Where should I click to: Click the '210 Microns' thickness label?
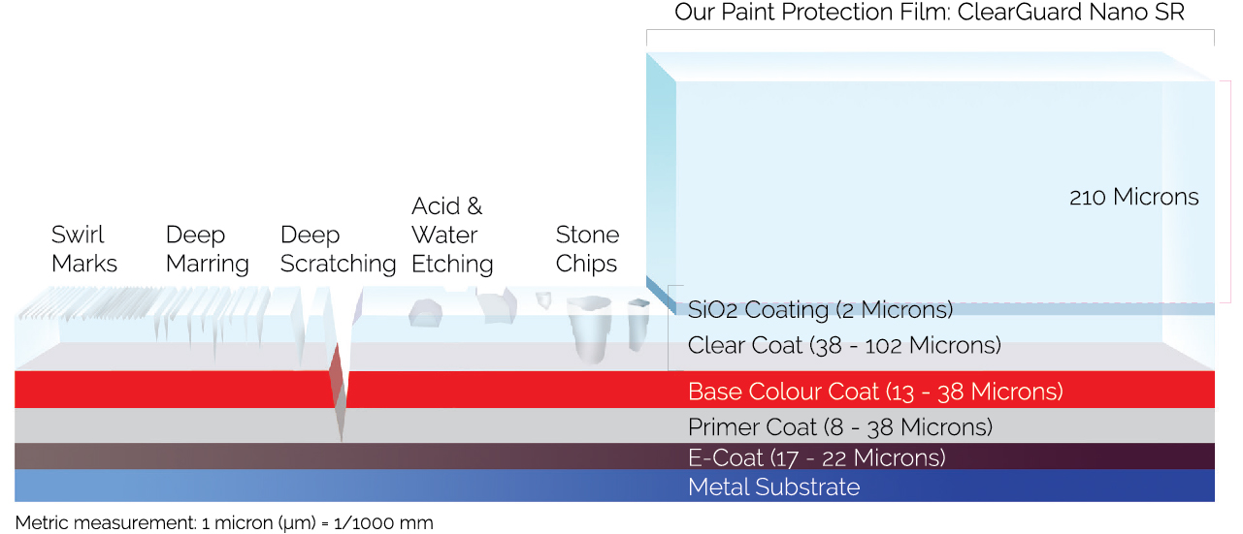click(1133, 198)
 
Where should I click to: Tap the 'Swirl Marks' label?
click(84, 249)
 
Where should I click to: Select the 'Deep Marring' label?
click(207, 249)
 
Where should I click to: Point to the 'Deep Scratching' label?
click(338, 249)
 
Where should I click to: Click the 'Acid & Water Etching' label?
click(452, 235)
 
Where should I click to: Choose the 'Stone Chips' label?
click(587, 249)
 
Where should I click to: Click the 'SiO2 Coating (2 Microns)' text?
click(820, 310)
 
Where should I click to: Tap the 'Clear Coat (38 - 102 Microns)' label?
click(843, 345)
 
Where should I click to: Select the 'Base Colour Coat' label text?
click(875, 392)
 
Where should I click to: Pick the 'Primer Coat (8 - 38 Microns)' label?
click(839, 427)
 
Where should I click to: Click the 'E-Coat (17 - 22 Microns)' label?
click(816, 457)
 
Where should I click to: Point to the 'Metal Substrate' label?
click(773, 487)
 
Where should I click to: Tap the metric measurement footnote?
click(224, 523)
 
